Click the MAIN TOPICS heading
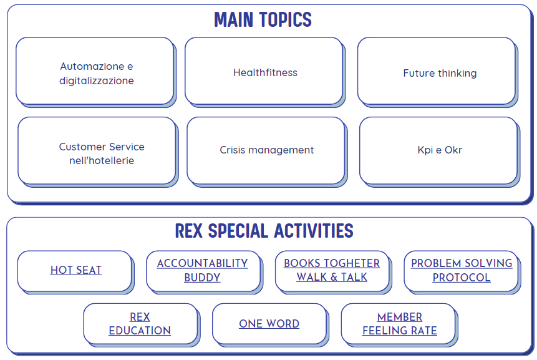[x=263, y=19]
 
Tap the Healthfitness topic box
[x=264, y=71]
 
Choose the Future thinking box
[x=437, y=71]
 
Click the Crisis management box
[x=266, y=151]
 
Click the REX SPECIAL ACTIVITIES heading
[x=264, y=230]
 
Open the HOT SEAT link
[x=75, y=270]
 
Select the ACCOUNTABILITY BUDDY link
[x=203, y=270]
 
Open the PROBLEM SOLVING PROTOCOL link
[x=462, y=270]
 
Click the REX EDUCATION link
[x=140, y=324]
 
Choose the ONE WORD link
[x=269, y=324]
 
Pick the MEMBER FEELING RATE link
[x=400, y=324]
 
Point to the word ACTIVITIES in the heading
[x=314, y=230]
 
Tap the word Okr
[x=453, y=150]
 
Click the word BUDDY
[x=203, y=278]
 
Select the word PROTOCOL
[x=462, y=278]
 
